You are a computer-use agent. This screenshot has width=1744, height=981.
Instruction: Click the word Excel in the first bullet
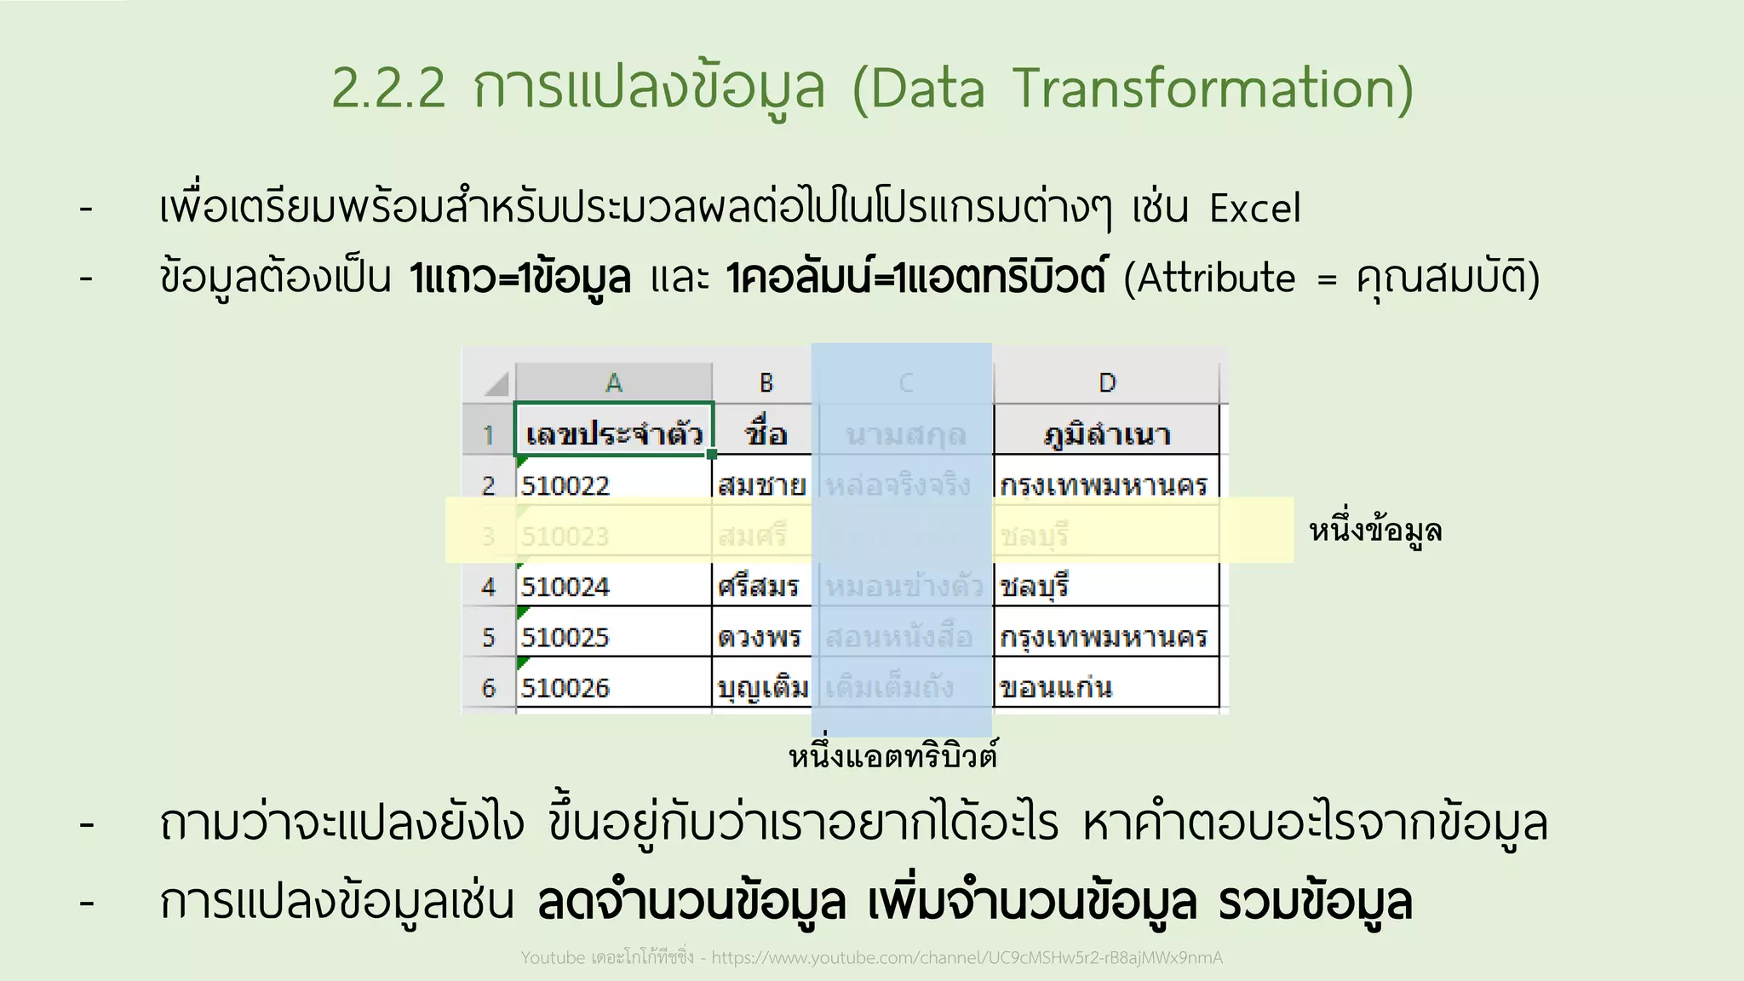click(1255, 209)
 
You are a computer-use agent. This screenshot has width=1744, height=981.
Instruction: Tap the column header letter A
click(613, 383)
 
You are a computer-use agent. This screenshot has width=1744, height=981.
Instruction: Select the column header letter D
click(1106, 383)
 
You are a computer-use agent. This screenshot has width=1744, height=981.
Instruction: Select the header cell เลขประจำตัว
click(613, 434)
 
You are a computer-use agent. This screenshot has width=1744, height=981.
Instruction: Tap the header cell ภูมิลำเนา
click(1106, 434)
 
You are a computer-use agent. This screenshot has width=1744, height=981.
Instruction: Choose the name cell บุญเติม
click(762, 687)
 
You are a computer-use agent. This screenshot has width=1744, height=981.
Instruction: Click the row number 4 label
click(488, 587)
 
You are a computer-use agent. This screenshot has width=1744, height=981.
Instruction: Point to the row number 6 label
click(488, 687)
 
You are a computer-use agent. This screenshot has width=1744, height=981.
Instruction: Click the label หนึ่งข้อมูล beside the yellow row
click(1375, 531)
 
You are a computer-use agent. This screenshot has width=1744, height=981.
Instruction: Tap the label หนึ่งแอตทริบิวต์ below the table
click(892, 756)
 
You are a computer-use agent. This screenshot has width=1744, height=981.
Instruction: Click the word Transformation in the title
click(1213, 89)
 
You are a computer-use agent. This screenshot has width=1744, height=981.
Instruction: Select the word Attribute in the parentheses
click(1216, 279)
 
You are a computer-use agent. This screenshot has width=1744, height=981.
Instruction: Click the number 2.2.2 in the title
click(388, 89)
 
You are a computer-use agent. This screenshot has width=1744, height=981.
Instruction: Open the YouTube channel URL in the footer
click(967, 958)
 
